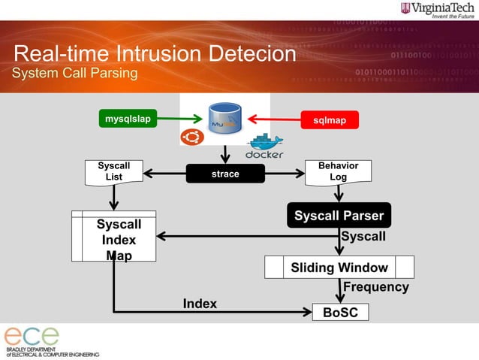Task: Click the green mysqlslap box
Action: coord(128,119)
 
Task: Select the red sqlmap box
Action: coord(329,119)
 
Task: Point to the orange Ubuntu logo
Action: coord(191,138)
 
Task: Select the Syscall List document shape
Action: coord(113,171)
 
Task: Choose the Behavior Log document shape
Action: coord(338,171)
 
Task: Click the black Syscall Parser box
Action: coord(339,216)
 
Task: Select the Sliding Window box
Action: coord(339,267)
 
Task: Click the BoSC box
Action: coord(340,311)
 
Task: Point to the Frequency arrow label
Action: coord(375,287)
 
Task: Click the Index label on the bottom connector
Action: coord(200,304)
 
